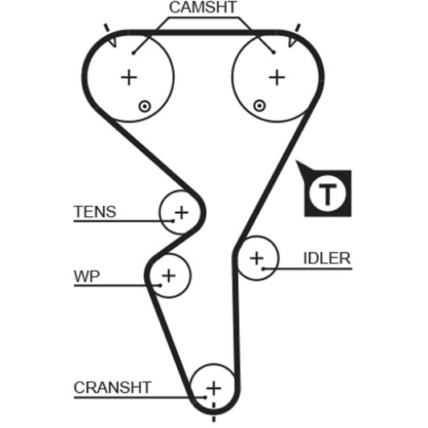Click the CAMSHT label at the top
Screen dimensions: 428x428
(x=203, y=7)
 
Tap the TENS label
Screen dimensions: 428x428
(x=95, y=212)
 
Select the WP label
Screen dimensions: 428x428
(x=87, y=276)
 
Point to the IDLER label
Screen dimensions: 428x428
(x=327, y=258)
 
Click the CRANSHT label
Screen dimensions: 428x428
(x=113, y=387)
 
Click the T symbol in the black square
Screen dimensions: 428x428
(x=327, y=194)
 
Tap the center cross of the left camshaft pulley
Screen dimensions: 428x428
(x=129, y=77)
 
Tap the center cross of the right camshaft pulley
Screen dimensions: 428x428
(x=277, y=77)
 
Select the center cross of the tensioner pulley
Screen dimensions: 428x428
(x=182, y=212)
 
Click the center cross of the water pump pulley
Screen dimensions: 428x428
(x=169, y=275)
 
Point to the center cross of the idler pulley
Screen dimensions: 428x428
(x=257, y=258)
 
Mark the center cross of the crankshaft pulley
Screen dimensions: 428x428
(x=214, y=388)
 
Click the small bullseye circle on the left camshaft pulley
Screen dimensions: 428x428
(x=145, y=106)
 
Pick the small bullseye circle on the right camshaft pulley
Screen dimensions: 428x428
(x=259, y=105)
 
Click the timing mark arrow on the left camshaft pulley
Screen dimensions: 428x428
(x=113, y=42)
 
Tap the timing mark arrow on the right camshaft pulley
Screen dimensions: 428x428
(x=292, y=42)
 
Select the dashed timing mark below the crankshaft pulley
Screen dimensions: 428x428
(x=214, y=412)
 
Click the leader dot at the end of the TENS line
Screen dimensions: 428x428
(x=172, y=220)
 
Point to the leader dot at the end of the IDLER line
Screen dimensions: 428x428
(x=263, y=269)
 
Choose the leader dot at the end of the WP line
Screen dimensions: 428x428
(x=160, y=286)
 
